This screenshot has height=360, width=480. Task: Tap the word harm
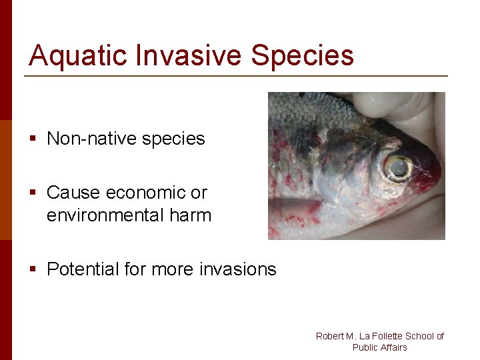click(x=190, y=215)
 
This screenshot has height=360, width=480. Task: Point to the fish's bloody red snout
click(x=427, y=175)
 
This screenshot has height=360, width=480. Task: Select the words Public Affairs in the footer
click(x=379, y=347)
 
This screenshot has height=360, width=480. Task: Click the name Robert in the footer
click(x=329, y=336)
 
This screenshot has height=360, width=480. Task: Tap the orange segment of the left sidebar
click(x=6, y=179)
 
